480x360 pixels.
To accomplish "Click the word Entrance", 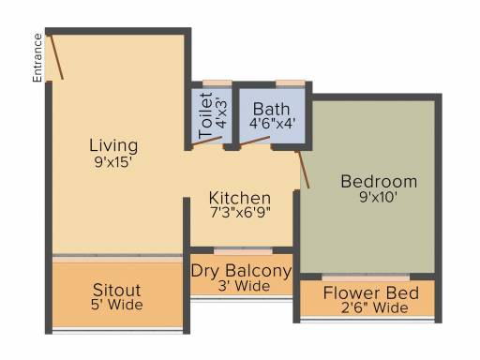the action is pyautogui.click(x=37, y=58).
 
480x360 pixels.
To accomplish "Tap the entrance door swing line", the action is pyautogui.click(x=57, y=57).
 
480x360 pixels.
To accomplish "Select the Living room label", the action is pyautogui.click(x=113, y=146).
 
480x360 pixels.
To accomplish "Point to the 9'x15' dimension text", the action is pyautogui.click(x=113, y=162).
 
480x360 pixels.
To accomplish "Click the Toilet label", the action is pyautogui.click(x=205, y=115).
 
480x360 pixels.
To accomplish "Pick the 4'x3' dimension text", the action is pyautogui.click(x=221, y=114).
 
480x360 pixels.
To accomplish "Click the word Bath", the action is pyautogui.click(x=271, y=110).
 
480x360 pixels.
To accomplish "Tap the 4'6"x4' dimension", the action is pyautogui.click(x=272, y=124).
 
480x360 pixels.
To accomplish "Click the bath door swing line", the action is pyautogui.click(x=255, y=141).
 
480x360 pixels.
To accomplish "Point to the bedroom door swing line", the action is pyautogui.click(x=303, y=170).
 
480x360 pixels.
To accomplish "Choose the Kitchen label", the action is pyautogui.click(x=240, y=198).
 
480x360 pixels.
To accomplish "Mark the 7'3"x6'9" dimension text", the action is pyautogui.click(x=240, y=213).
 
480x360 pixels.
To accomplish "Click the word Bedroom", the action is pyautogui.click(x=379, y=182).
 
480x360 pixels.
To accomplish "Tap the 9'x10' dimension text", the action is pyautogui.click(x=378, y=197).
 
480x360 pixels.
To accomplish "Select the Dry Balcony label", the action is pyautogui.click(x=241, y=271).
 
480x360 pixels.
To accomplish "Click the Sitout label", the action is pyautogui.click(x=116, y=290).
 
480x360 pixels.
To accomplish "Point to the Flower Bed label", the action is pyautogui.click(x=371, y=293).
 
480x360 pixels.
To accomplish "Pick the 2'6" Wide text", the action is pyautogui.click(x=375, y=307).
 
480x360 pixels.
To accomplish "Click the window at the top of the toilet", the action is pyautogui.click(x=217, y=83).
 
